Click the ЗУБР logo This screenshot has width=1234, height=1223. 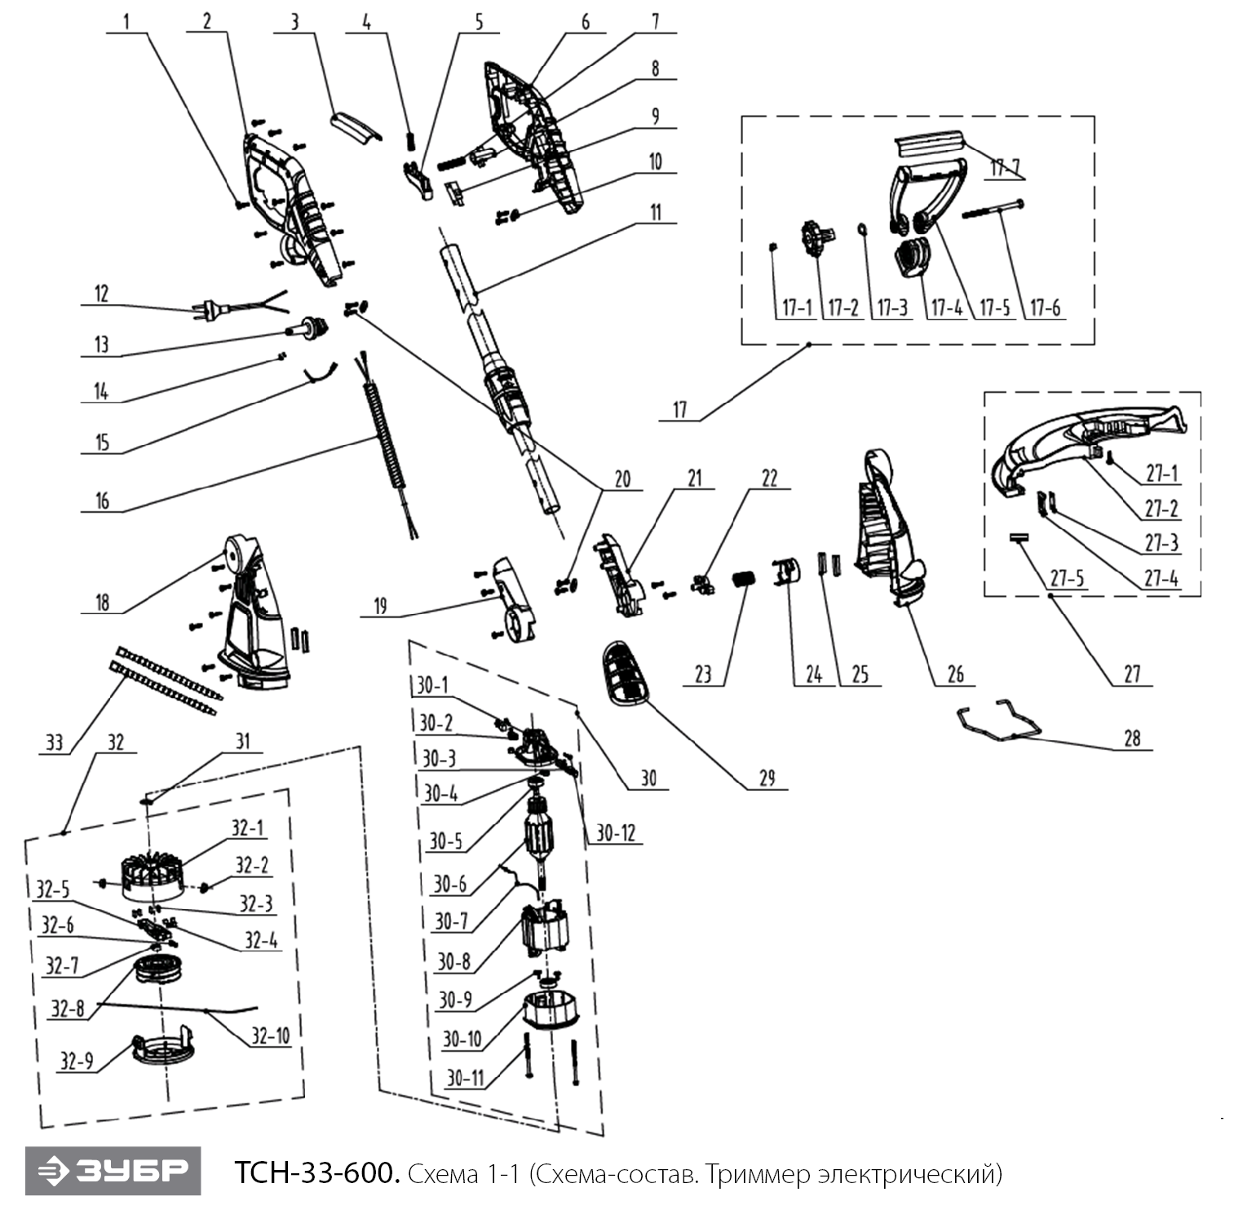(x=113, y=1171)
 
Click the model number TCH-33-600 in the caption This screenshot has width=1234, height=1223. (x=316, y=1173)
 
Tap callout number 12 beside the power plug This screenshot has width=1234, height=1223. (x=101, y=294)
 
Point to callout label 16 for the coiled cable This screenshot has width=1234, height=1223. (x=102, y=501)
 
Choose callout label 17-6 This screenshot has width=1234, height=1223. (x=1045, y=308)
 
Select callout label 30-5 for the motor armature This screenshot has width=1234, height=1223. (x=445, y=841)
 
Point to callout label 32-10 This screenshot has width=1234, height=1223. (x=270, y=1035)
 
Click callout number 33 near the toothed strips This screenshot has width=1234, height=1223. (x=54, y=742)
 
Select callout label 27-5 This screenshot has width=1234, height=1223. (x=1067, y=578)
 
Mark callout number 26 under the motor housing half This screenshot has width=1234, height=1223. (x=955, y=673)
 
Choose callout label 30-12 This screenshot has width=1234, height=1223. (x=615, y=832)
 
